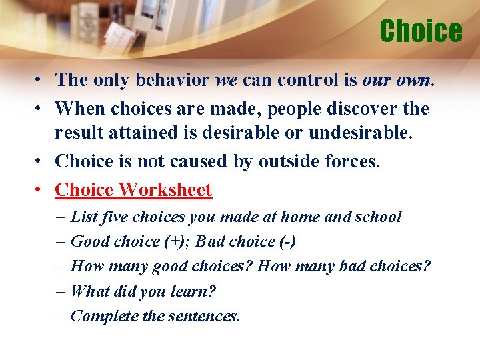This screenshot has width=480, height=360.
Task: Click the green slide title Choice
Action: tap(420, 31)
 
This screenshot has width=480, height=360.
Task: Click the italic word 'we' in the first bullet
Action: tap(227, 80)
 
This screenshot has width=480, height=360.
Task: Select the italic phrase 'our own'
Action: tap(397, 80)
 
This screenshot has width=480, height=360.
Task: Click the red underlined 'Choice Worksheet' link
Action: tap(133, 190)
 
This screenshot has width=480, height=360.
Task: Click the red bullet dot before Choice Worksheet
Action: tap(41, 190)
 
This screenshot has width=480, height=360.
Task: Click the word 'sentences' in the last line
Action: tap(202, 316)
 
